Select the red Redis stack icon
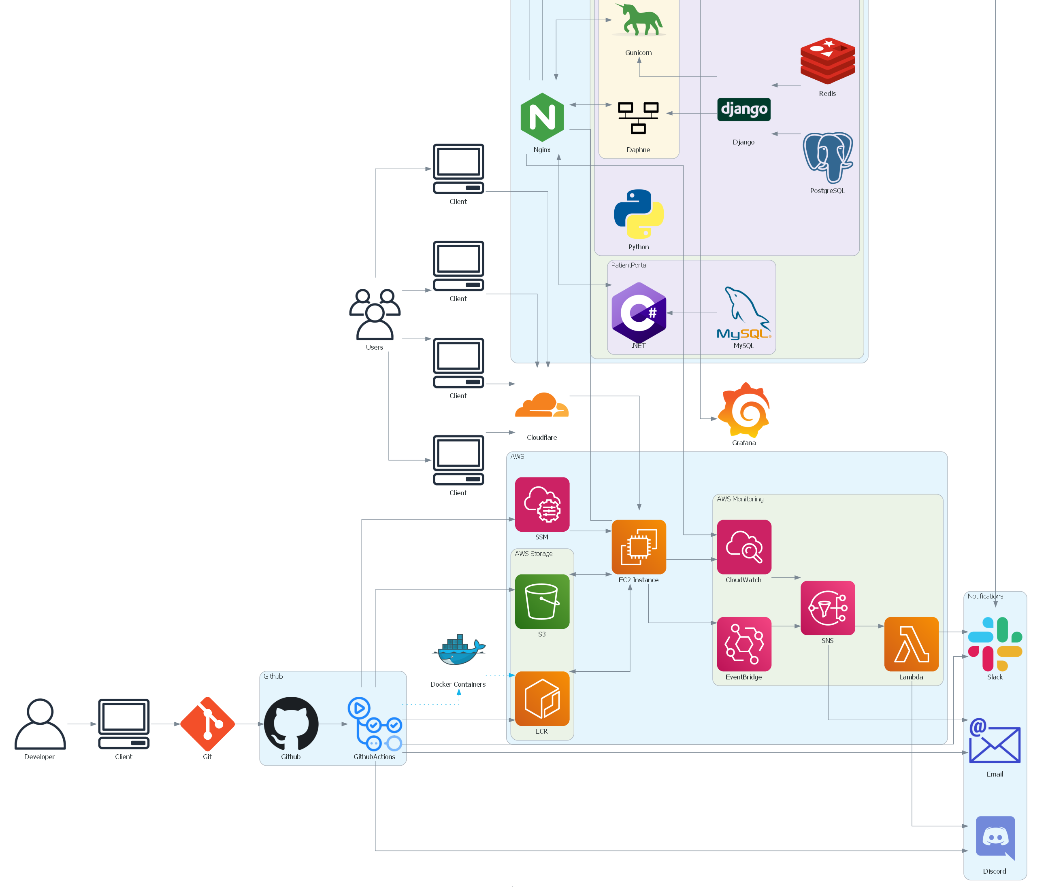click(x=827, y=60)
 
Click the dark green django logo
click(x=743, y=109)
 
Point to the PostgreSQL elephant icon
click(x=828, y=157)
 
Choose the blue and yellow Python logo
click(x=639, y=214)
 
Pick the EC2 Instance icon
click(x=639, y=547)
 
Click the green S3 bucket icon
click(x=542, y=601)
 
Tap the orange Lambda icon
click(x=911, y=644)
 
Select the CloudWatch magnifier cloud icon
click(x=743, y=547)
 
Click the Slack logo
click(x=995, y=644)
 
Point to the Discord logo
click(x=995, y=837)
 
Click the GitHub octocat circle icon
click(x=291, y=724)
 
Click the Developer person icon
click(x=40, y=724)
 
